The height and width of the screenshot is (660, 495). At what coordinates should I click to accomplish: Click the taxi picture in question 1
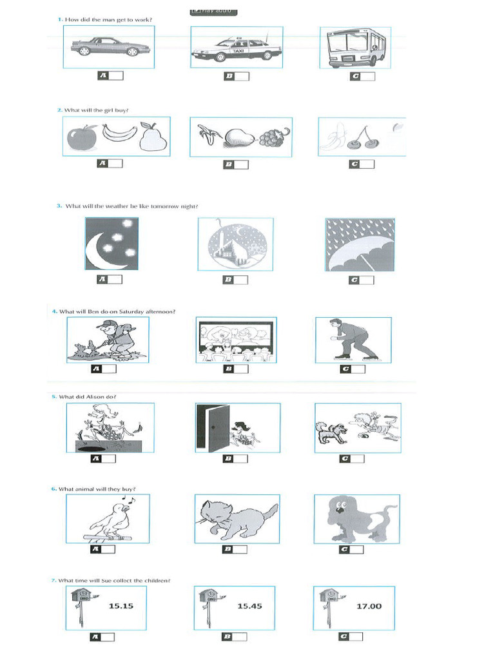(236, 47)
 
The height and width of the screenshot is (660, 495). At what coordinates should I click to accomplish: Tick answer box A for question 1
(116, 76)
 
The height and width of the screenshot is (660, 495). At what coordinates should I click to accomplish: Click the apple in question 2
(82, 137)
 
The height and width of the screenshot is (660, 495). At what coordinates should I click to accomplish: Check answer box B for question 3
(241, 280)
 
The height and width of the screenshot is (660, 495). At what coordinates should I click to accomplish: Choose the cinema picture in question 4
(236, 340)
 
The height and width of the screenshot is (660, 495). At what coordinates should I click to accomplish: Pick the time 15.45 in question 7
(249, 606)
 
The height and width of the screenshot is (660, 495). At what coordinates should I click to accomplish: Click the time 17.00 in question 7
(369, 606)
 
